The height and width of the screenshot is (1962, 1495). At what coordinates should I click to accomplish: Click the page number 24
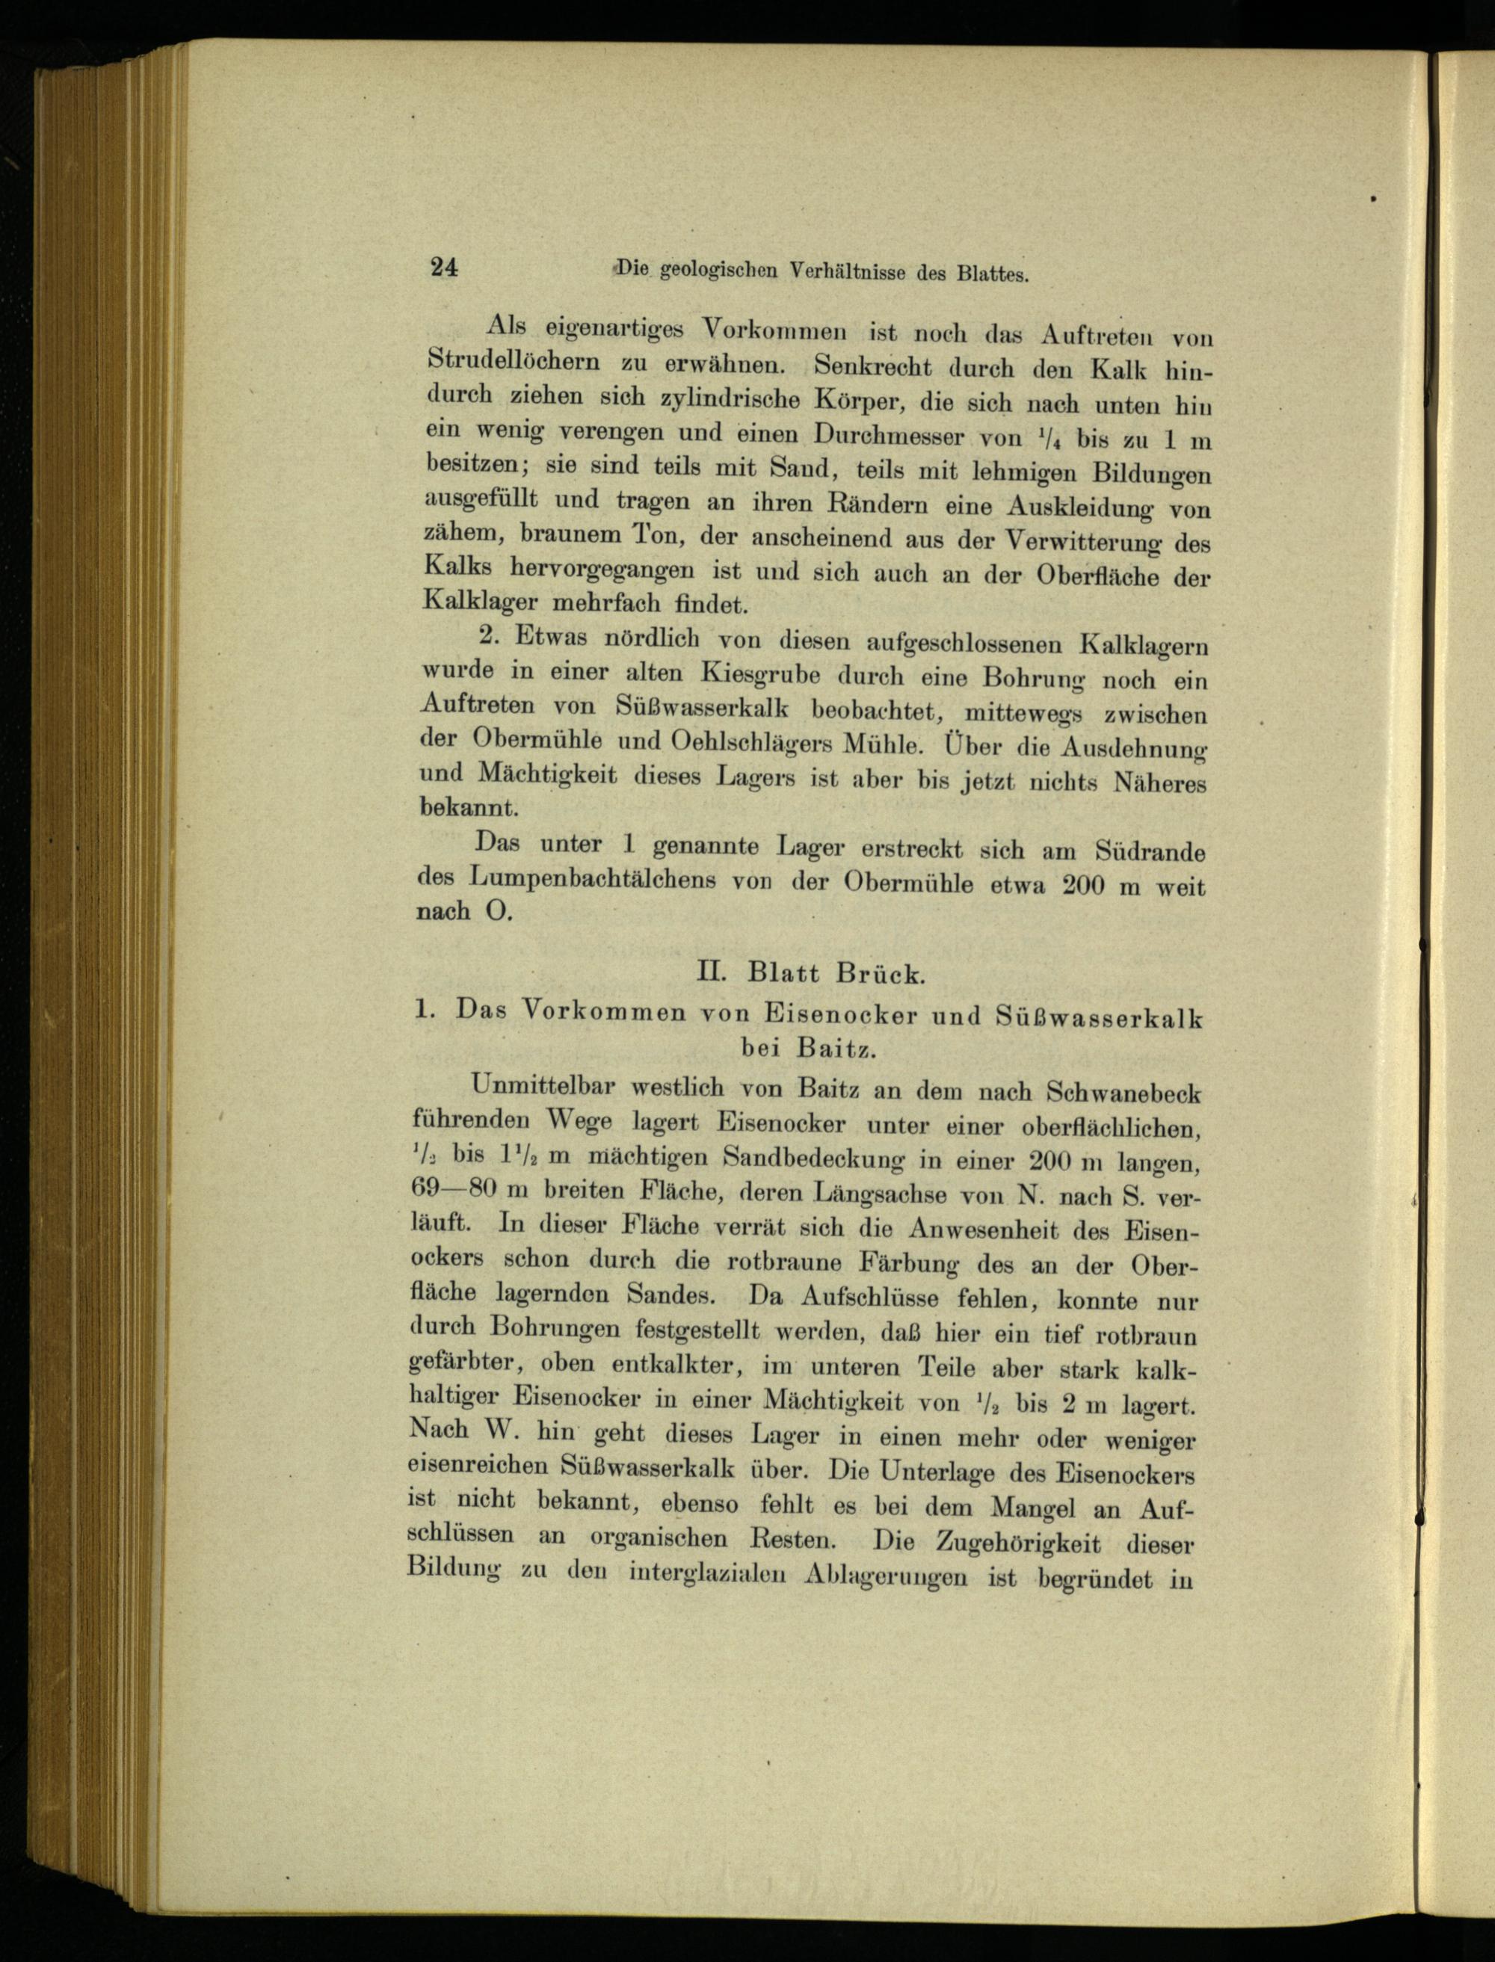coord(444,268)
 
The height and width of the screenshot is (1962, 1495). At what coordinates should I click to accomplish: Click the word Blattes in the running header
coord(992,275)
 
